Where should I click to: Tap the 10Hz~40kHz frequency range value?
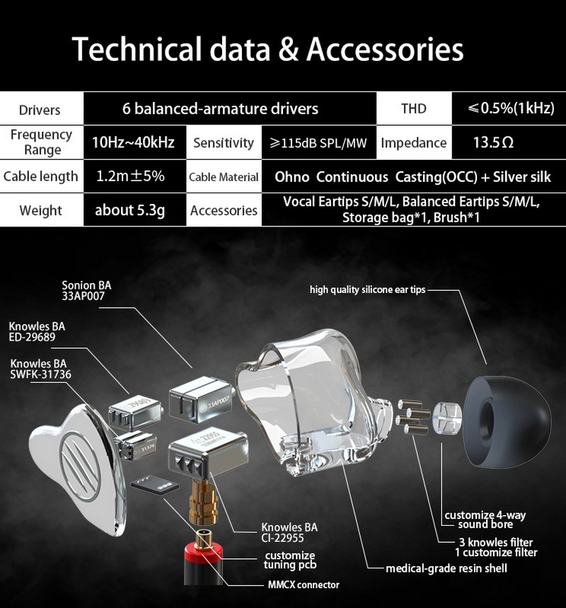pyautogui.click(x=133, y=142)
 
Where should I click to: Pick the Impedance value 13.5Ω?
pyautogui.click(x=493, y=142)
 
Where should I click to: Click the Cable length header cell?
pyautogui.click(x=40, y=176)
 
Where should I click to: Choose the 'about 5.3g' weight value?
pyautogui.click(x=130, y=210)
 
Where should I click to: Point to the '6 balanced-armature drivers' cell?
pyautogui.click(x=220, y=109)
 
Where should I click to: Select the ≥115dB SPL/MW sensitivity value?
pyautogui.click(x=318, y=143)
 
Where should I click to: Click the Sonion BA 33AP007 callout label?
pyautogui.click(x=86, y=292)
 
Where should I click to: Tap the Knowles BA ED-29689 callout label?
pyautogui.click(x=37, y=332)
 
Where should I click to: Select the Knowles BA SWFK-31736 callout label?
pyautogui.click(x=41, y=369)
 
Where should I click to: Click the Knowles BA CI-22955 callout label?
pyautogui.click(x=289, y=533)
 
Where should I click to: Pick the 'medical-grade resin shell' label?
pyautogui.click(x=446, y=568)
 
